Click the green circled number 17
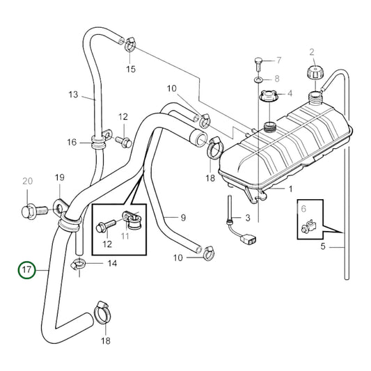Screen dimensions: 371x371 pos(26,269)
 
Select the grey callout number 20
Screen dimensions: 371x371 pos(27,182)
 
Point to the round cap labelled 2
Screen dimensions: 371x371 pos(312,73)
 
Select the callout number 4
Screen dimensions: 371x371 pos(291,93)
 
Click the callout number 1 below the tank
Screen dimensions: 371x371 pos(291,189)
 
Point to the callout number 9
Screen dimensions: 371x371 pos(183,218)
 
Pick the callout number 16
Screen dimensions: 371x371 pos(72,143)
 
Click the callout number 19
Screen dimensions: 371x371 pos(60,177)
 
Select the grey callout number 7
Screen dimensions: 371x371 pos(278,60)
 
